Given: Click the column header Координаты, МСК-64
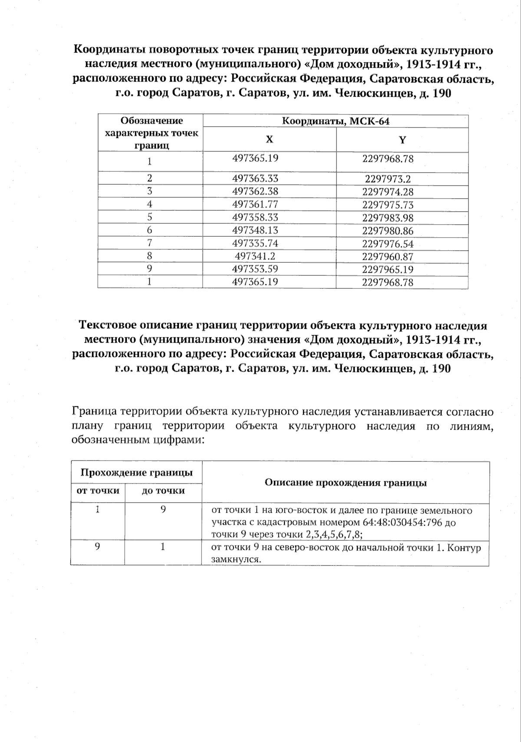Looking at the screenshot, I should tap(335, 121).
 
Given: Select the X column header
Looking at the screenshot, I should tap(270, 139).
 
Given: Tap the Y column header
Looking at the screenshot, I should tap(402, 140).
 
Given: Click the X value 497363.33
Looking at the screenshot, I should tap(255, 178).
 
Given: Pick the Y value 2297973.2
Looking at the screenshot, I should tap(388, 179).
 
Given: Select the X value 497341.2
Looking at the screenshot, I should tap(255, 256).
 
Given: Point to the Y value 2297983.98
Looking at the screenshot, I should tap(388, 218).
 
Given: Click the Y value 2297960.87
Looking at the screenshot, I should tap(388, 256).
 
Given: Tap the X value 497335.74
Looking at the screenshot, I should tap(255, 243).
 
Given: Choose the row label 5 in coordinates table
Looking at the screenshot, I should tap(149, 217).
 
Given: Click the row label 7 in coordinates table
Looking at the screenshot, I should tap(149, 243).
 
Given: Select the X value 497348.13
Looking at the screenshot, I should tap(255, 230).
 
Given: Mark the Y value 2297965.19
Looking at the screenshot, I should tap(388, 269).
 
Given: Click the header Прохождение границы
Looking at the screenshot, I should tap(137, 473).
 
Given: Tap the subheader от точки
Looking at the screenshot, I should tap(98, 491).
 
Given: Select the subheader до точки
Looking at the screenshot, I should tap(163, 491).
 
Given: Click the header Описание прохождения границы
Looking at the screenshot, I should tap(346, 483).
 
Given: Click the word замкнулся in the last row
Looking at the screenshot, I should tap(235, 559).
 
